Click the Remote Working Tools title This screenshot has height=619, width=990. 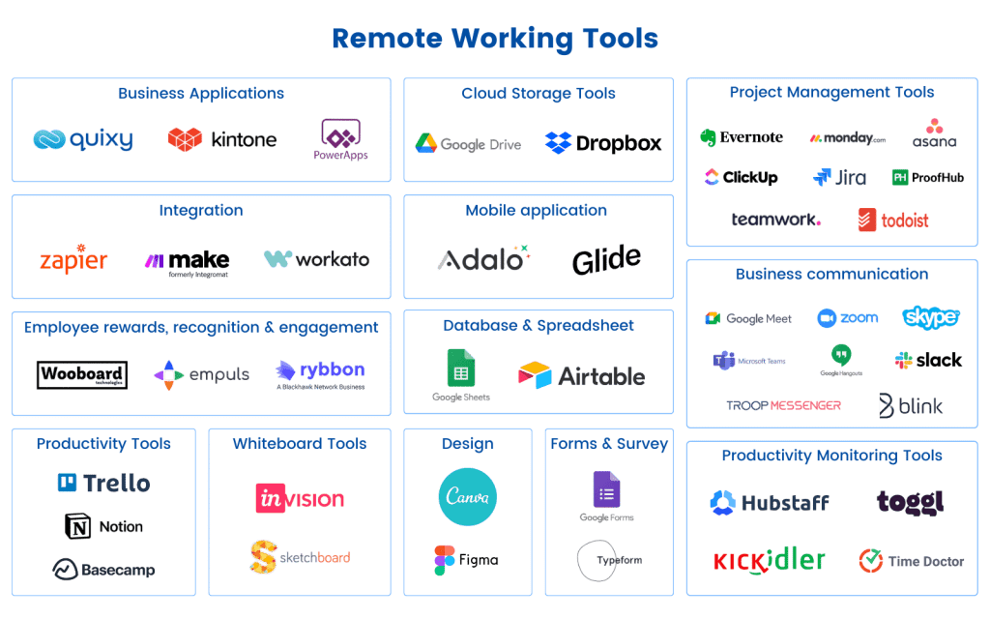494,39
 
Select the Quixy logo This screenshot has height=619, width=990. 83,140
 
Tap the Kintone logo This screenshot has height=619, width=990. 222,140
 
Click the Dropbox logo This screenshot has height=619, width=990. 604,143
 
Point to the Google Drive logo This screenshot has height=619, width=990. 468,144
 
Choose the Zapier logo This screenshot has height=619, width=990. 73,260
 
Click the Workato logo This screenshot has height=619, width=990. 316,259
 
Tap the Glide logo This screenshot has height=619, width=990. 606,259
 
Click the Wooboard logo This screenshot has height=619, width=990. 82,375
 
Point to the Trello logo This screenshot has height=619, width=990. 103,482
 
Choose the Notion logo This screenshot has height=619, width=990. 103,526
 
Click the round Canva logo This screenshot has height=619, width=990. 467,497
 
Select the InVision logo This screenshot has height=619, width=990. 300,499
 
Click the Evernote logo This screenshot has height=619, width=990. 742,137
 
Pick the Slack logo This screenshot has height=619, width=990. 928,360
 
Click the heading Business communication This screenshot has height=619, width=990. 831,274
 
